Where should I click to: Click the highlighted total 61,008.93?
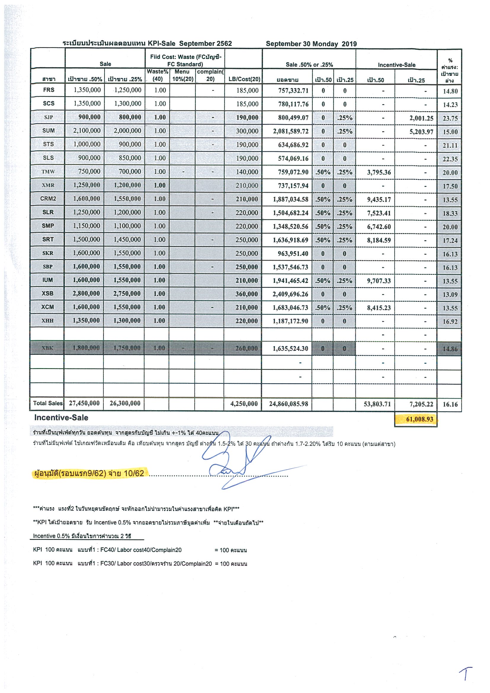pyautogui.click(x=419, y=419)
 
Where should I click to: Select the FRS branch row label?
pyautogui.click(x=49, y=90)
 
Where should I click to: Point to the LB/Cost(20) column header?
pyautogui.click(x=244, y=79)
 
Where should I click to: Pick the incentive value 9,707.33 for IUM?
pyautogui.click(x=379, y=281)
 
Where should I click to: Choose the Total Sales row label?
pyautogui.click(x=48, y=403)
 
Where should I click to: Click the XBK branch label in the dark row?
pyautogui.click(x=48, y=348)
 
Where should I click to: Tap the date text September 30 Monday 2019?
pyautogui.click(x=311, y=44)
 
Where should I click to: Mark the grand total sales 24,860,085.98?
pyautogui.click(x=288, y=404)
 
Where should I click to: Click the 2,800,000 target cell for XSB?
pyautogui.click(x=86, y=293)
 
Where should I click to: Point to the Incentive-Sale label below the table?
pyautogui.click(x=61, y=418)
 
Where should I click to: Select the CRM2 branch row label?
pyautogui.click(x=48, y=199)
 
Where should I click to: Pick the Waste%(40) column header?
pyautogui.click(x=157, y=76)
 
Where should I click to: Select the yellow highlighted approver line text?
pyautogui.click(x=89, y=473)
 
